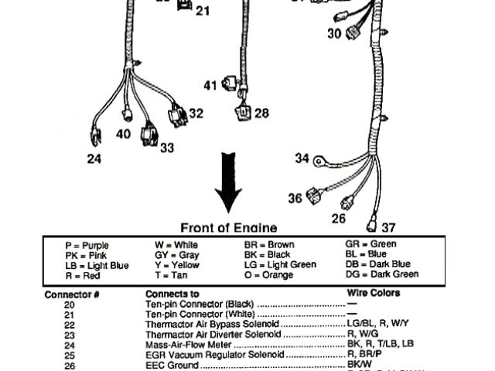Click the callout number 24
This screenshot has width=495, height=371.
tap(94, 160)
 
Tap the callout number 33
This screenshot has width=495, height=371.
tap(167, 147)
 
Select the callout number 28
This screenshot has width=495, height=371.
tap(261, 114)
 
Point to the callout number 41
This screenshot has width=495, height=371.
tap(210, 85)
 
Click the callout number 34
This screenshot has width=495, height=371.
tap(302, 158)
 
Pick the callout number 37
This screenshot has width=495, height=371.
tap(388, 227)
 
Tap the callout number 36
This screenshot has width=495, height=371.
tap(295, 198)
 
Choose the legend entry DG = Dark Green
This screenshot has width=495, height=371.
tap(381, 274)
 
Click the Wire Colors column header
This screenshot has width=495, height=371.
tap(374, 294)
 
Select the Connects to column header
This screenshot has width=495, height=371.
tap(172, 294)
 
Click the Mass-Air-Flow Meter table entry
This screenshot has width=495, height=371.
tap(191, 344)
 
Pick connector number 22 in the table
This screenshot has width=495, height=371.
tap(69, 325)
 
